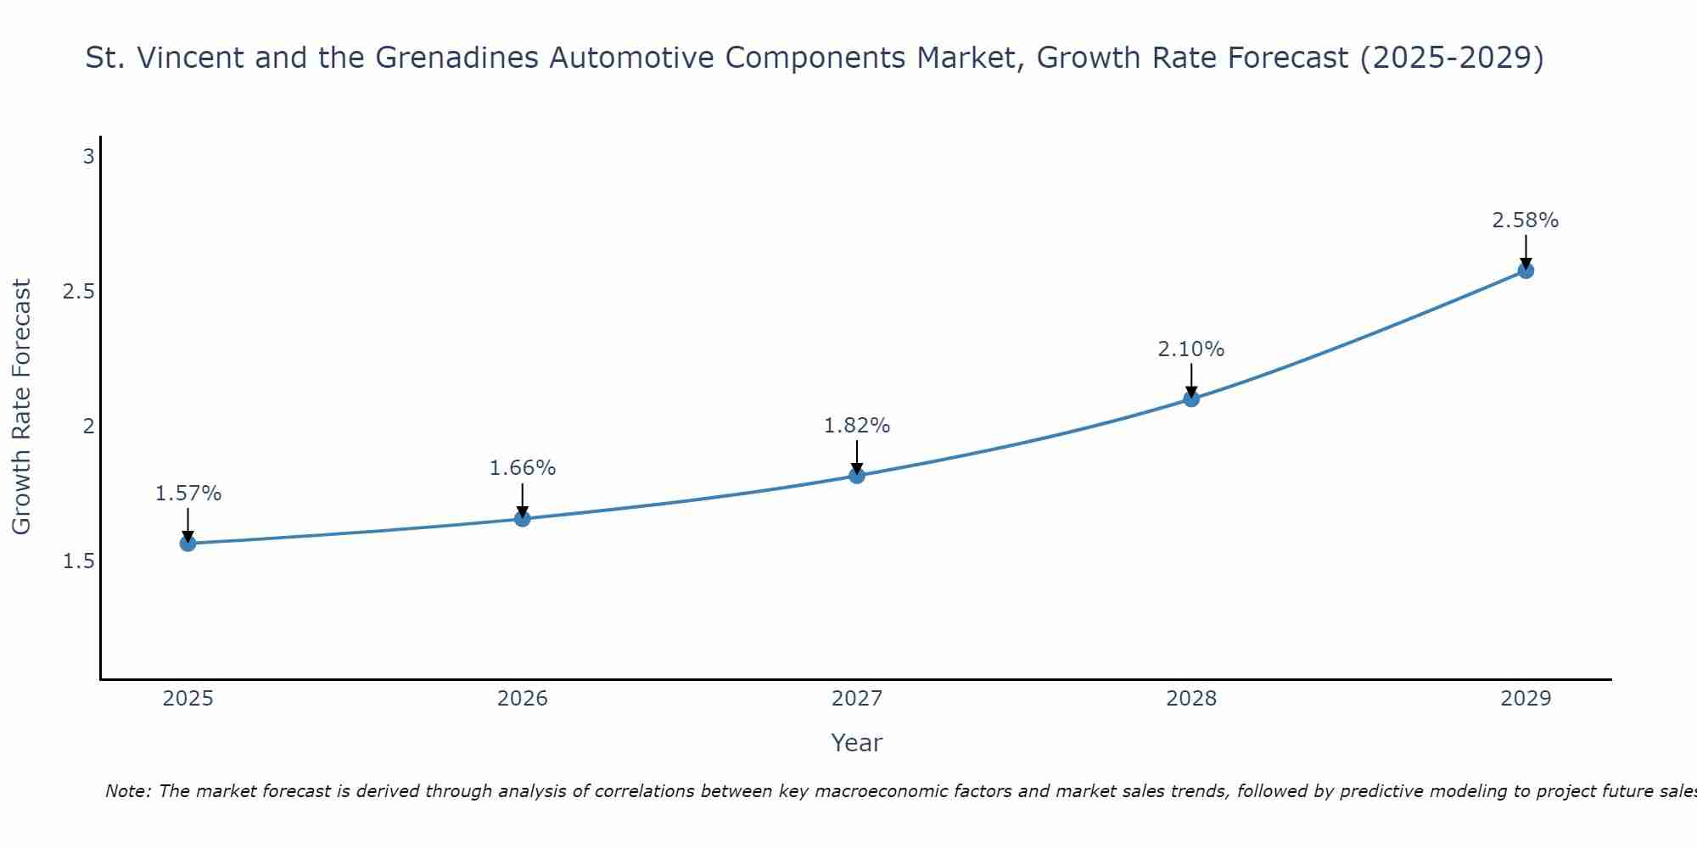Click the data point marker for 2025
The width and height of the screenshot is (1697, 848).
pyautogui.click(x=188, y=544)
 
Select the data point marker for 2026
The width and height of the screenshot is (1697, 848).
pyautogui.click(x=523, y=519)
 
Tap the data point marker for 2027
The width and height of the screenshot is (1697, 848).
pyautogui.click(x=857, y=476)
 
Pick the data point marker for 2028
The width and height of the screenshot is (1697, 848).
pyautogui.click(x=1191, y=399)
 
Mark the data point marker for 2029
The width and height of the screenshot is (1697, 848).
pyautogui.click(x=1526, y=271)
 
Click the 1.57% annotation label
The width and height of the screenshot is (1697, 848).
pyautogui.click(x=188, y=494)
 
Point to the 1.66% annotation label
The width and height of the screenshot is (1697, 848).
pyautogui.click(x=523, y=468)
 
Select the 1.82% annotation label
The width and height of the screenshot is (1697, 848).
pyautogui.click(x=857, y=426)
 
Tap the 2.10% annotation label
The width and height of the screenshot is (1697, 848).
pyautogui.click(x=1191, y=349)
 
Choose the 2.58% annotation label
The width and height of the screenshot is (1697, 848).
pyautogui.click(x=1526, y=220)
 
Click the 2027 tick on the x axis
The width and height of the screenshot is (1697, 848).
pyautogui.click(x=857, y=700)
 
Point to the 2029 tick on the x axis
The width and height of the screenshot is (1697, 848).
pyautogui.click(x=1526, y=700)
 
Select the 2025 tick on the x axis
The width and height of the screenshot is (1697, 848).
pyautogui.click(x=188, y=700)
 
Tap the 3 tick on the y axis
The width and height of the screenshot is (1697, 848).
pyautogui.click(x=88, y=157)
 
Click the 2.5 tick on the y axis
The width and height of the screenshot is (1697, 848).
pyautogui.click(x=78, y=292)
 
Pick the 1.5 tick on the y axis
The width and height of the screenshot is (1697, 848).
pyautogui.click(x=78, y=561)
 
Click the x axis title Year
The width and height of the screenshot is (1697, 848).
pyautogui.click(x=857, y=743)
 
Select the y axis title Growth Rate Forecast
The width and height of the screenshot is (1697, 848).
pyautogui.click(x=22, y=407)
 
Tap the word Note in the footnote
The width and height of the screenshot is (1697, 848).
pyautogui.click(x=126, y=791)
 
